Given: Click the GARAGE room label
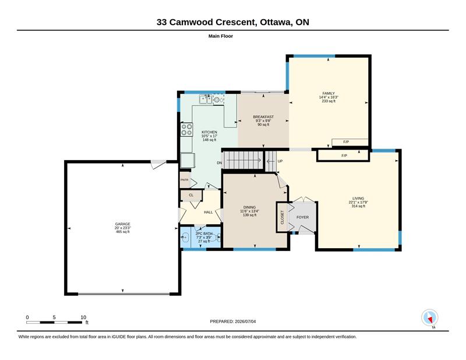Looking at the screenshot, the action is tap(123, 224).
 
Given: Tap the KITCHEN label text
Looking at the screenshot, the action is tap(210, 132).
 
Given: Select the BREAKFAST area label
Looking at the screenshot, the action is tap(263, 117).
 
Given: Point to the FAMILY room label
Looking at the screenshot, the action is tap(329, 93).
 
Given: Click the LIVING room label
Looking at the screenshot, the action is tap(358, 198).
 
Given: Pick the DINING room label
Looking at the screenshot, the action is tap(250, 207).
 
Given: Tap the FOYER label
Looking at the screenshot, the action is tap(302, 217).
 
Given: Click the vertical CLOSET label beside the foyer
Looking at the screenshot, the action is tap(283, 217).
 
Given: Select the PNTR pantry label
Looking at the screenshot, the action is tap(185, 180).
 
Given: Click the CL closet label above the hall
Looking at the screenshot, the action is tap(191, 195).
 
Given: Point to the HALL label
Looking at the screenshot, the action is tap(209, 212).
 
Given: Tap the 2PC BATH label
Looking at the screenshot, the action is tap(204, 234).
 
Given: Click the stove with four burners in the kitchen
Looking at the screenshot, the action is tap(186, 130).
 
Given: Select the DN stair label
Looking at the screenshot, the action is tap(220, 163).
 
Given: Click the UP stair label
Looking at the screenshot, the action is tap(280, 161).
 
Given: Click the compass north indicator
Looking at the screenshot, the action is tap(430, 318).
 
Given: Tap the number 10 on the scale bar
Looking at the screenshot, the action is tap(83, 317).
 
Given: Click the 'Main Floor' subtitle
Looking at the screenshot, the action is tap(221, 36).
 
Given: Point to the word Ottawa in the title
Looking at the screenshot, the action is tap(276, 22).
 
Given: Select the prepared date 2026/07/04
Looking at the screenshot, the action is tap(245, 322).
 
